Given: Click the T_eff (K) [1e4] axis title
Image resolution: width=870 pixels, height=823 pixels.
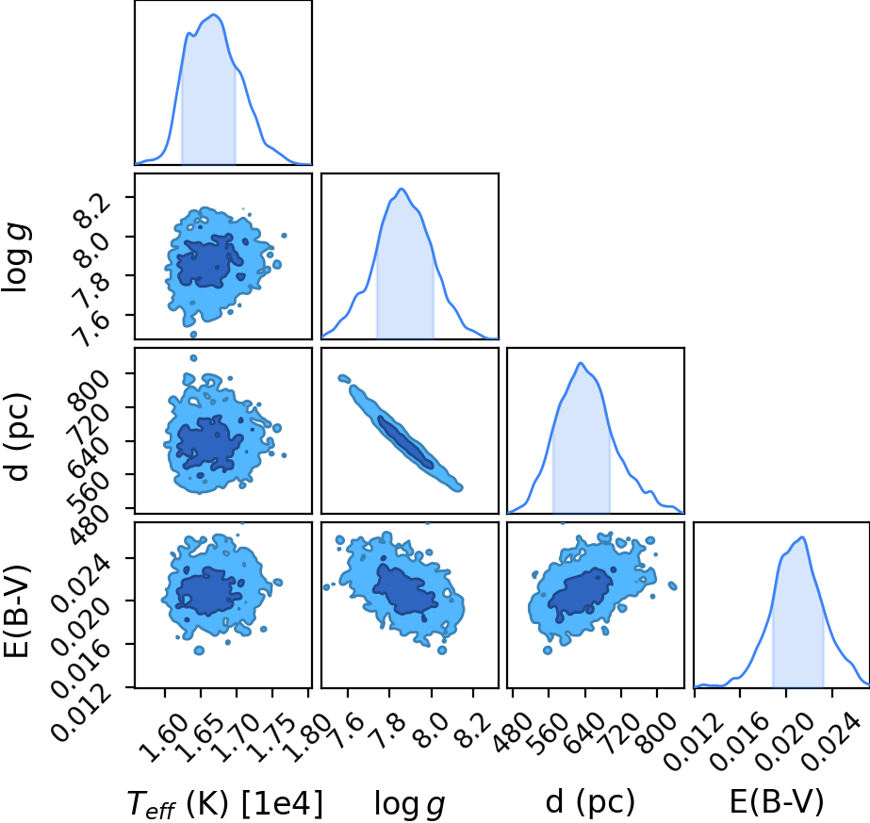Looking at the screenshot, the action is tap(225, 803).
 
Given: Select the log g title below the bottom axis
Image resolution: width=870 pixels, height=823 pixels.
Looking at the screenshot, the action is tap(409, 804).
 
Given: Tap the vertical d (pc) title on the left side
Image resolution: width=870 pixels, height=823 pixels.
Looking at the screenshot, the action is tap(18, 437).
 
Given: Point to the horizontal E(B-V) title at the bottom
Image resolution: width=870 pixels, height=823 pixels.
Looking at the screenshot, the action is tap(777, 802).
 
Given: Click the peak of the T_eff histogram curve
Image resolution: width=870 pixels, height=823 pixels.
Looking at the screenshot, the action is tap(215, 15).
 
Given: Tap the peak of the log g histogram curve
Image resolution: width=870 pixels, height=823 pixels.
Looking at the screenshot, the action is tap(402, 189).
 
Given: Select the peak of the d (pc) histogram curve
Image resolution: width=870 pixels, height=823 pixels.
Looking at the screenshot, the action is tap(581, 363).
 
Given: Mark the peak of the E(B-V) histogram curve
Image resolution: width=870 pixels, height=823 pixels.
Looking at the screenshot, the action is tap(802, 536).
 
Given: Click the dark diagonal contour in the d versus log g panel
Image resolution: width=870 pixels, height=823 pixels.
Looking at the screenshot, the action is tap(405, 442).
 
